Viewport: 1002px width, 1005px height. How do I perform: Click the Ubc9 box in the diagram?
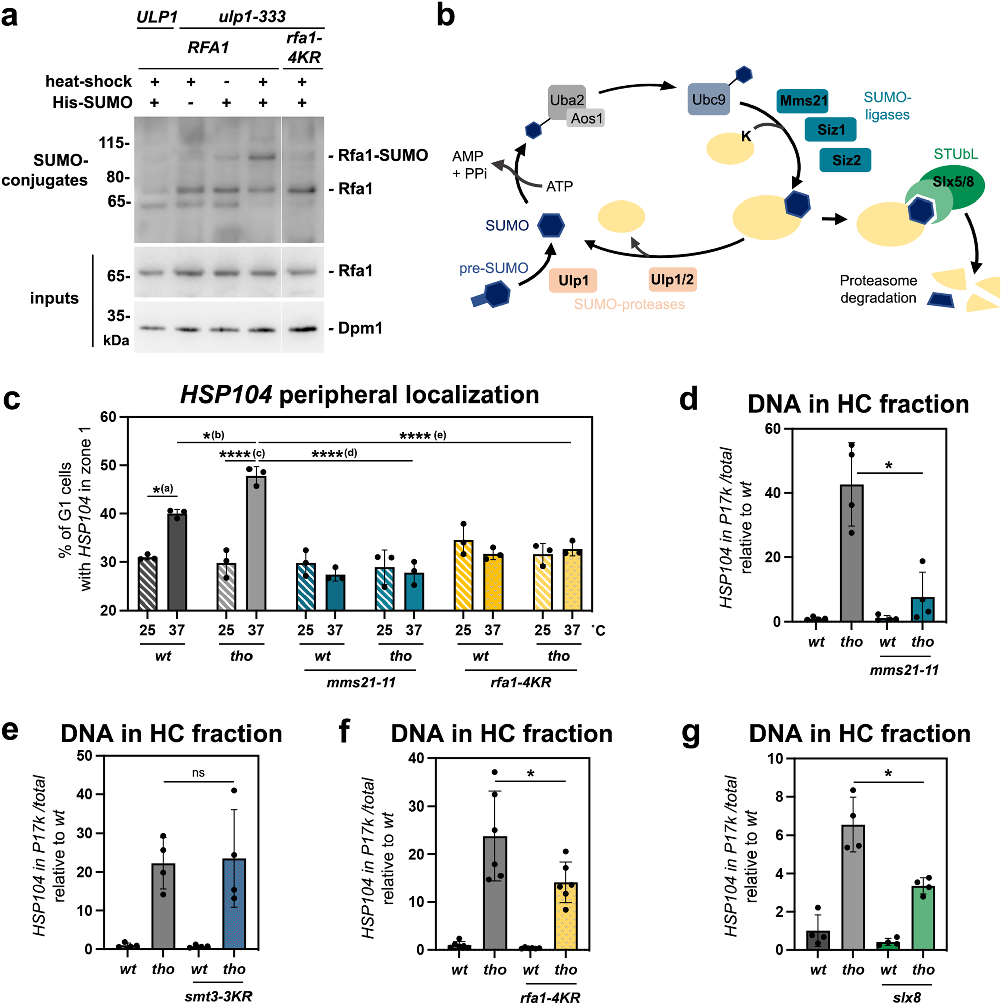(x=709, y=99)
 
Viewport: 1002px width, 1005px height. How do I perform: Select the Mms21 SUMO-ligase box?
(x=802, y=101)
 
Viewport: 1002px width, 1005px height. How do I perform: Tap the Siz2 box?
(x=845, y=160)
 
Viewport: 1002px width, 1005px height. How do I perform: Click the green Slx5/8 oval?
(x=952, y=182)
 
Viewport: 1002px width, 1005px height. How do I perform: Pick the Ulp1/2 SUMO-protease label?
(x=672, y=280)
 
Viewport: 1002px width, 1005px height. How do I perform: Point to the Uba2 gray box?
(x=566, y=100)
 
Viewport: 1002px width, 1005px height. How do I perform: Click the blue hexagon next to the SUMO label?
(x=550, y=225)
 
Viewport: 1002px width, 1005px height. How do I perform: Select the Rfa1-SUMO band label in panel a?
(x=383, y=155)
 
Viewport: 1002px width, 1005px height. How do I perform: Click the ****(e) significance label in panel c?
(x=422, y=436)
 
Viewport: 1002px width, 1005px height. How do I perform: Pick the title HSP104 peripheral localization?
(x=359, y=395)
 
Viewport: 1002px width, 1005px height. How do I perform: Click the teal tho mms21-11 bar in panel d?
(x=922, y=609)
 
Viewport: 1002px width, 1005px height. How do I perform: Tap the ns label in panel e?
(x=198, y=773)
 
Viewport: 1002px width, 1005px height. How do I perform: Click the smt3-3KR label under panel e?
(x=218, y=996)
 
